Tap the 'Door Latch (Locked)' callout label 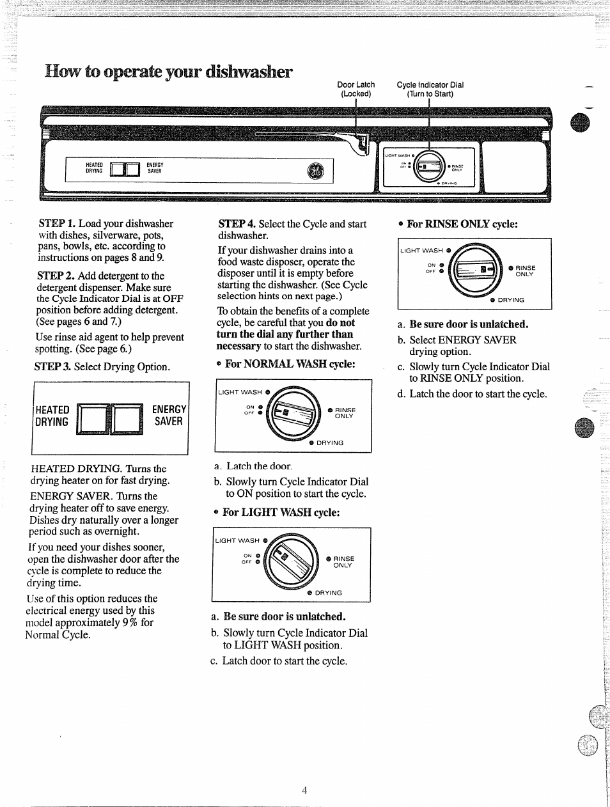356,89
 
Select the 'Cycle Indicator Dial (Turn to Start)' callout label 430,89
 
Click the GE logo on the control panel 316,171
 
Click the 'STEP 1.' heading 57,224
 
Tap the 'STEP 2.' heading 56,276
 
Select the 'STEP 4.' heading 237,224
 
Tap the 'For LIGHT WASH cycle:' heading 281,513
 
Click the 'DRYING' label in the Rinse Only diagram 510,300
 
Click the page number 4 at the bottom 305,790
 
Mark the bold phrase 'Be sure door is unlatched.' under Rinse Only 469,324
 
